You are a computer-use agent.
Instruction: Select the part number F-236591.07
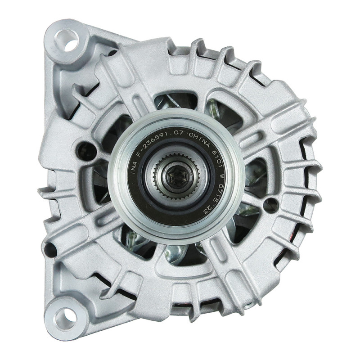162,135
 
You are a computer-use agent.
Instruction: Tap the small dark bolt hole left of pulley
85,151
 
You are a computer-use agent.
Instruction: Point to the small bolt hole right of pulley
270,205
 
